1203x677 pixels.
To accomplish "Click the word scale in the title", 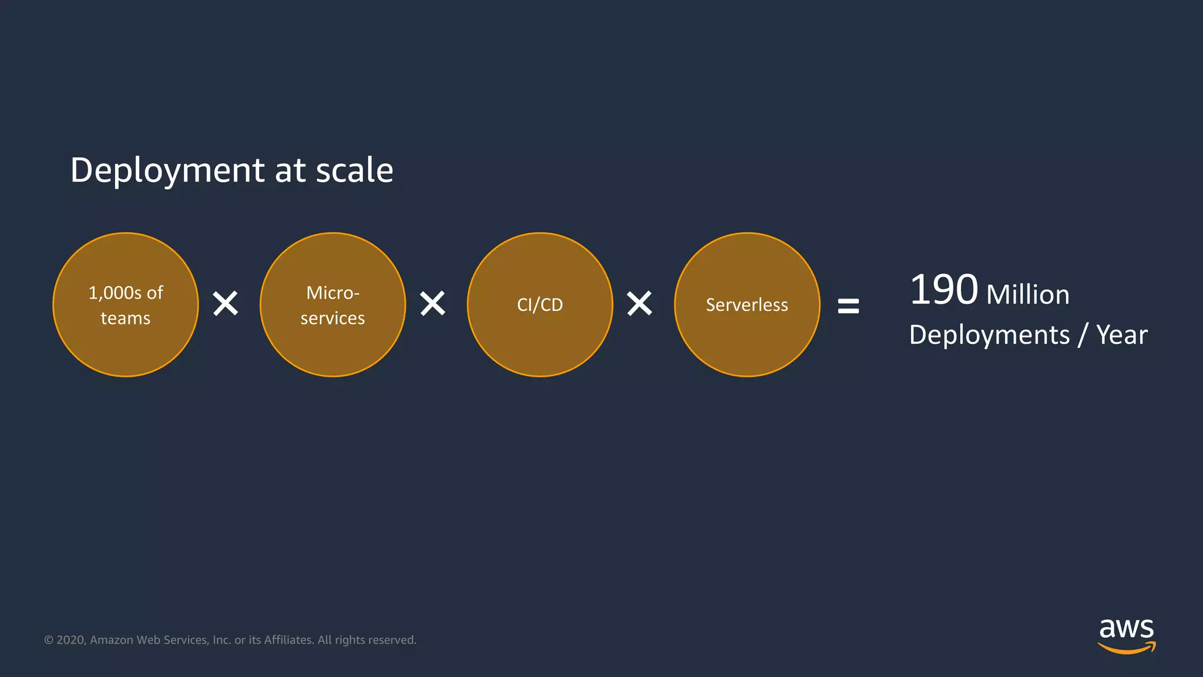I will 354,170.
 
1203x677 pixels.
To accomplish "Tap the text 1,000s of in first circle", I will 126,293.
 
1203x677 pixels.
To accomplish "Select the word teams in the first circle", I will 126,319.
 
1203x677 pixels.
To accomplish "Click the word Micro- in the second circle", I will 332,293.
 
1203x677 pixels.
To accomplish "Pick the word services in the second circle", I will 332,319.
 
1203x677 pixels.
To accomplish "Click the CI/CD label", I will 540,305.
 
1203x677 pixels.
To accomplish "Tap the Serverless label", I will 747,305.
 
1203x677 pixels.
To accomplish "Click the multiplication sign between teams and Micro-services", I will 226,304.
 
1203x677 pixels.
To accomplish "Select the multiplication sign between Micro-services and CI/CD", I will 433,304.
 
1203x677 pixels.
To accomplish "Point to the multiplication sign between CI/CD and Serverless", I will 640,304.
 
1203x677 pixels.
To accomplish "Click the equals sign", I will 848,306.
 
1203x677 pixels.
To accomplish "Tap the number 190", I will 943,290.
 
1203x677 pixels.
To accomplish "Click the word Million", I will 1028,295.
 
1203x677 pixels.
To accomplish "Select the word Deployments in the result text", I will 989,336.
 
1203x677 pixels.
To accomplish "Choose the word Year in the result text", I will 1121,336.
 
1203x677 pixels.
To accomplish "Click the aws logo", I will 1126,629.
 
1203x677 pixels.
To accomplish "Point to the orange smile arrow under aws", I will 1126,648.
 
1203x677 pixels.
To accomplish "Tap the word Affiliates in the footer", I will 288,640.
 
